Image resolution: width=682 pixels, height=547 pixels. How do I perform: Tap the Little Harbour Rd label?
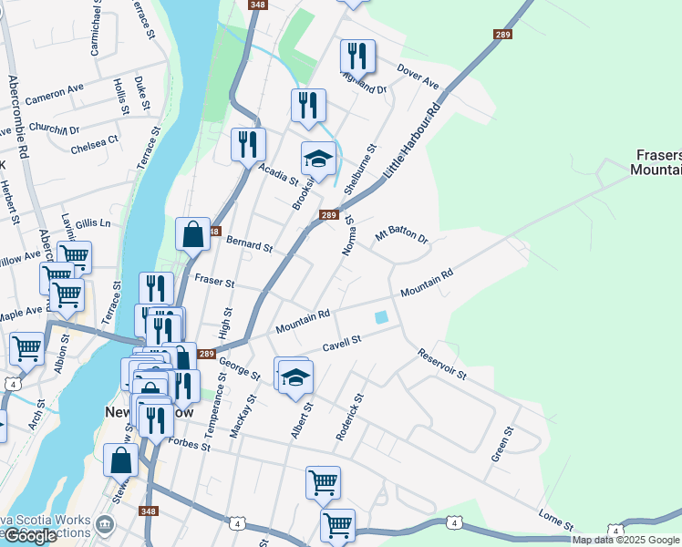pos(413,139)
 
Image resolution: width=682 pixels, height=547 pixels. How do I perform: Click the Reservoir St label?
pos(442,363)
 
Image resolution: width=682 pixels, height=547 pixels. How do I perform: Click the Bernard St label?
pos(248,245)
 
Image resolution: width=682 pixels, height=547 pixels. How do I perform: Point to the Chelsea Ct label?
pos(95,143)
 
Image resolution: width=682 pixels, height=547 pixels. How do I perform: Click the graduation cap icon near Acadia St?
pos(317,160)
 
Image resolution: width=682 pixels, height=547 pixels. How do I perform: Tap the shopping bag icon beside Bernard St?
pos(193,234)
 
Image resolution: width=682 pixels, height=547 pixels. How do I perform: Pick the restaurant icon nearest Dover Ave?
pos(357,56)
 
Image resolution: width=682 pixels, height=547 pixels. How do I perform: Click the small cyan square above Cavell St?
pos(381,317)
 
